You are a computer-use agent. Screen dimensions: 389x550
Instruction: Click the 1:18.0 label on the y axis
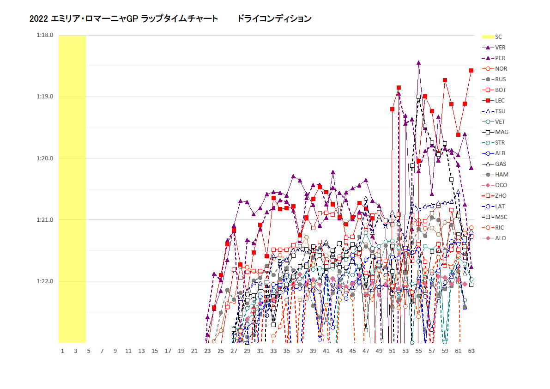[45, 35]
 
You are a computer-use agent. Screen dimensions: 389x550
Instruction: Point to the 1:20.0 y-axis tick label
[45, 158]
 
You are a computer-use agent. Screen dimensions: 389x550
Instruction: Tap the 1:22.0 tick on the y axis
[45, 281]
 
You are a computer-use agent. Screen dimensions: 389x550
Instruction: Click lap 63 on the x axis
[471, 351]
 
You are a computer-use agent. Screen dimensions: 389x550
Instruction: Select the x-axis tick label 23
[207, 351]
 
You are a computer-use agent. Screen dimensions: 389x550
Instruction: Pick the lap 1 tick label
[62, 351]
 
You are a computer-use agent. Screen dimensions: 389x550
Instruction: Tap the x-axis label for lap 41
[326, 351]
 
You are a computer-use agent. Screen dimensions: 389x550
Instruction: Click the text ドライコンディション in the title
[274, 19]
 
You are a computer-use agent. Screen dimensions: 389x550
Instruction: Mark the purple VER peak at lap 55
[418, 62]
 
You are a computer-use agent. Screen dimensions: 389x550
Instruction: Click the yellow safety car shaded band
[72, 185]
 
